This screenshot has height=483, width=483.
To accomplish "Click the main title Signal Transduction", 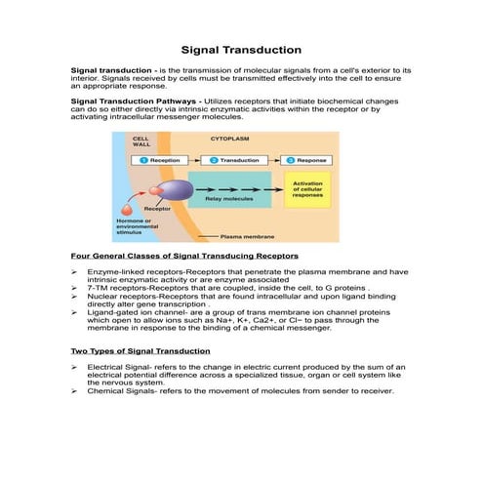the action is (x=241, y=50).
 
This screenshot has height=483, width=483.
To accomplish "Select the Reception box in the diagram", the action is (x=158, y=160).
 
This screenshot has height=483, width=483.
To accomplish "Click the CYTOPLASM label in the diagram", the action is (x=230, y=140).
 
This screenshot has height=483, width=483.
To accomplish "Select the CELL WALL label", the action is (x=142, y=142).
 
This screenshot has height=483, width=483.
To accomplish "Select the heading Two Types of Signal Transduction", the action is (x=141, y=350).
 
